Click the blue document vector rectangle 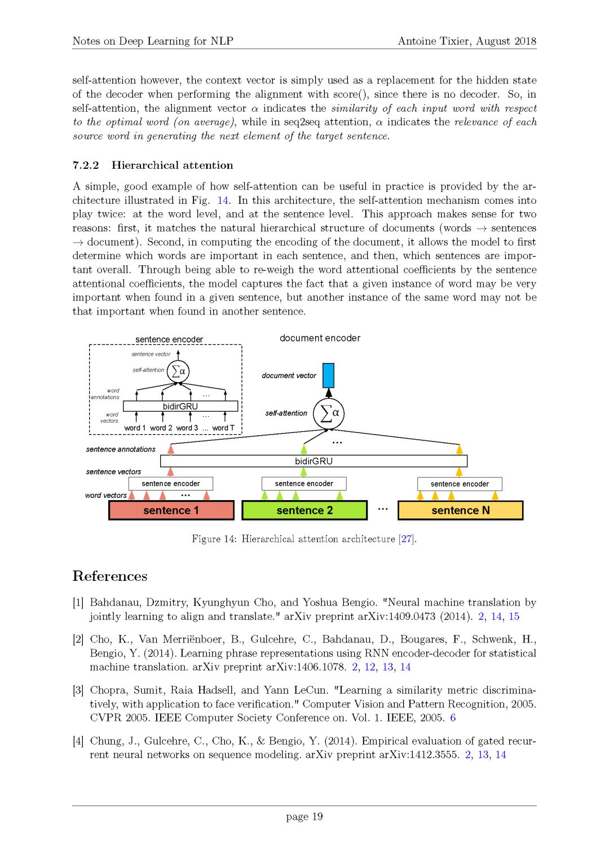coord(328,375)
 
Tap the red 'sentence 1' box coord(171,510)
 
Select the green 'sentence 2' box coord(304,510)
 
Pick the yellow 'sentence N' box coord(460,510)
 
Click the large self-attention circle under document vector coord(329,413)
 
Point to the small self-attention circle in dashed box coord(178,371)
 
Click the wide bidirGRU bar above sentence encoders coord(314,461)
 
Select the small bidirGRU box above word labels coord(180,406)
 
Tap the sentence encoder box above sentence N coord(460,484)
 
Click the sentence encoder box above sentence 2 coord(304,484)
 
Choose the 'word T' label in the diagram coord(223,428)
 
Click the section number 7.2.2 coord(86,165)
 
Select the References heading coord(110,576)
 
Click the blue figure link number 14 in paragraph coord(223,200)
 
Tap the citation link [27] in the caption coord(406,539)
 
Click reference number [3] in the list coord(78,690)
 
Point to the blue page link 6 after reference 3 coord(453,718)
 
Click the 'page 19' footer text coord(304,817)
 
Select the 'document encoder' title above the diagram coord(320,338)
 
